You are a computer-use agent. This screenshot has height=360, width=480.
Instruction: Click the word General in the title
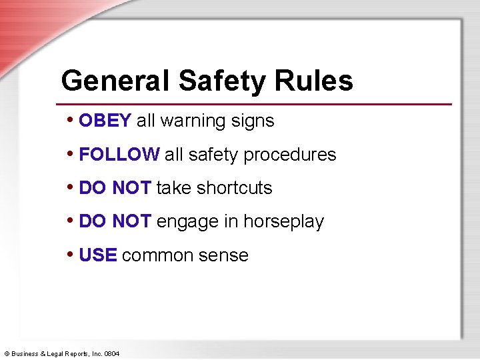(116, 81)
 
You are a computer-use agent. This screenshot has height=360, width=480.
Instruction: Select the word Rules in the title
(313, 81)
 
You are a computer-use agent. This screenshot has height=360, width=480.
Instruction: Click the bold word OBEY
(105, 121)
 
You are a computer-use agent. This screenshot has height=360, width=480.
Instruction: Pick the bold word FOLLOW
(119, 155)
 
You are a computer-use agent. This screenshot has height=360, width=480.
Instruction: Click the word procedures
(290, 155)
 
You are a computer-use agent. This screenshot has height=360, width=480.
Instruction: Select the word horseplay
(283, 222)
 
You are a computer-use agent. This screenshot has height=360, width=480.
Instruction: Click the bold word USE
(98, 255)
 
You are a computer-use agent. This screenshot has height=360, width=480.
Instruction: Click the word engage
(182, 222)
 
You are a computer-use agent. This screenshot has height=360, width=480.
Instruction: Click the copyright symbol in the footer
(7, 353)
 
